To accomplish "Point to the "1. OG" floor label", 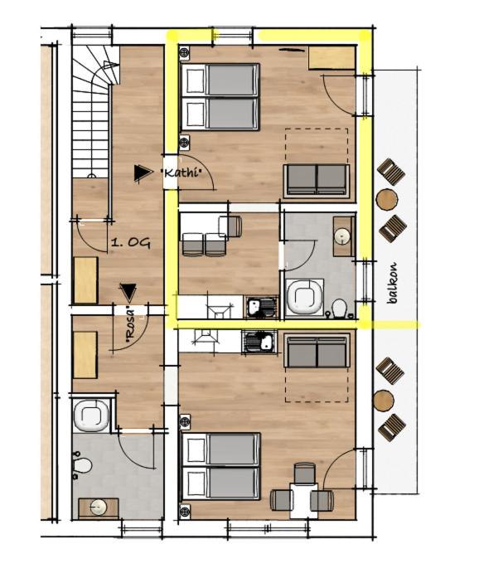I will [130, 243].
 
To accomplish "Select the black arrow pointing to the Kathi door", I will [143, 173].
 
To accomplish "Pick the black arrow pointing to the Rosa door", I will [128, 292].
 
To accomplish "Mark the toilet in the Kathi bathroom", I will [336, 309].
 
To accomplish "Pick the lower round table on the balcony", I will [384, 401].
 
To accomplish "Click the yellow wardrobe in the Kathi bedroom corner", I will [331, 58].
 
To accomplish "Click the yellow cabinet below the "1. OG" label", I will [85, 279].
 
